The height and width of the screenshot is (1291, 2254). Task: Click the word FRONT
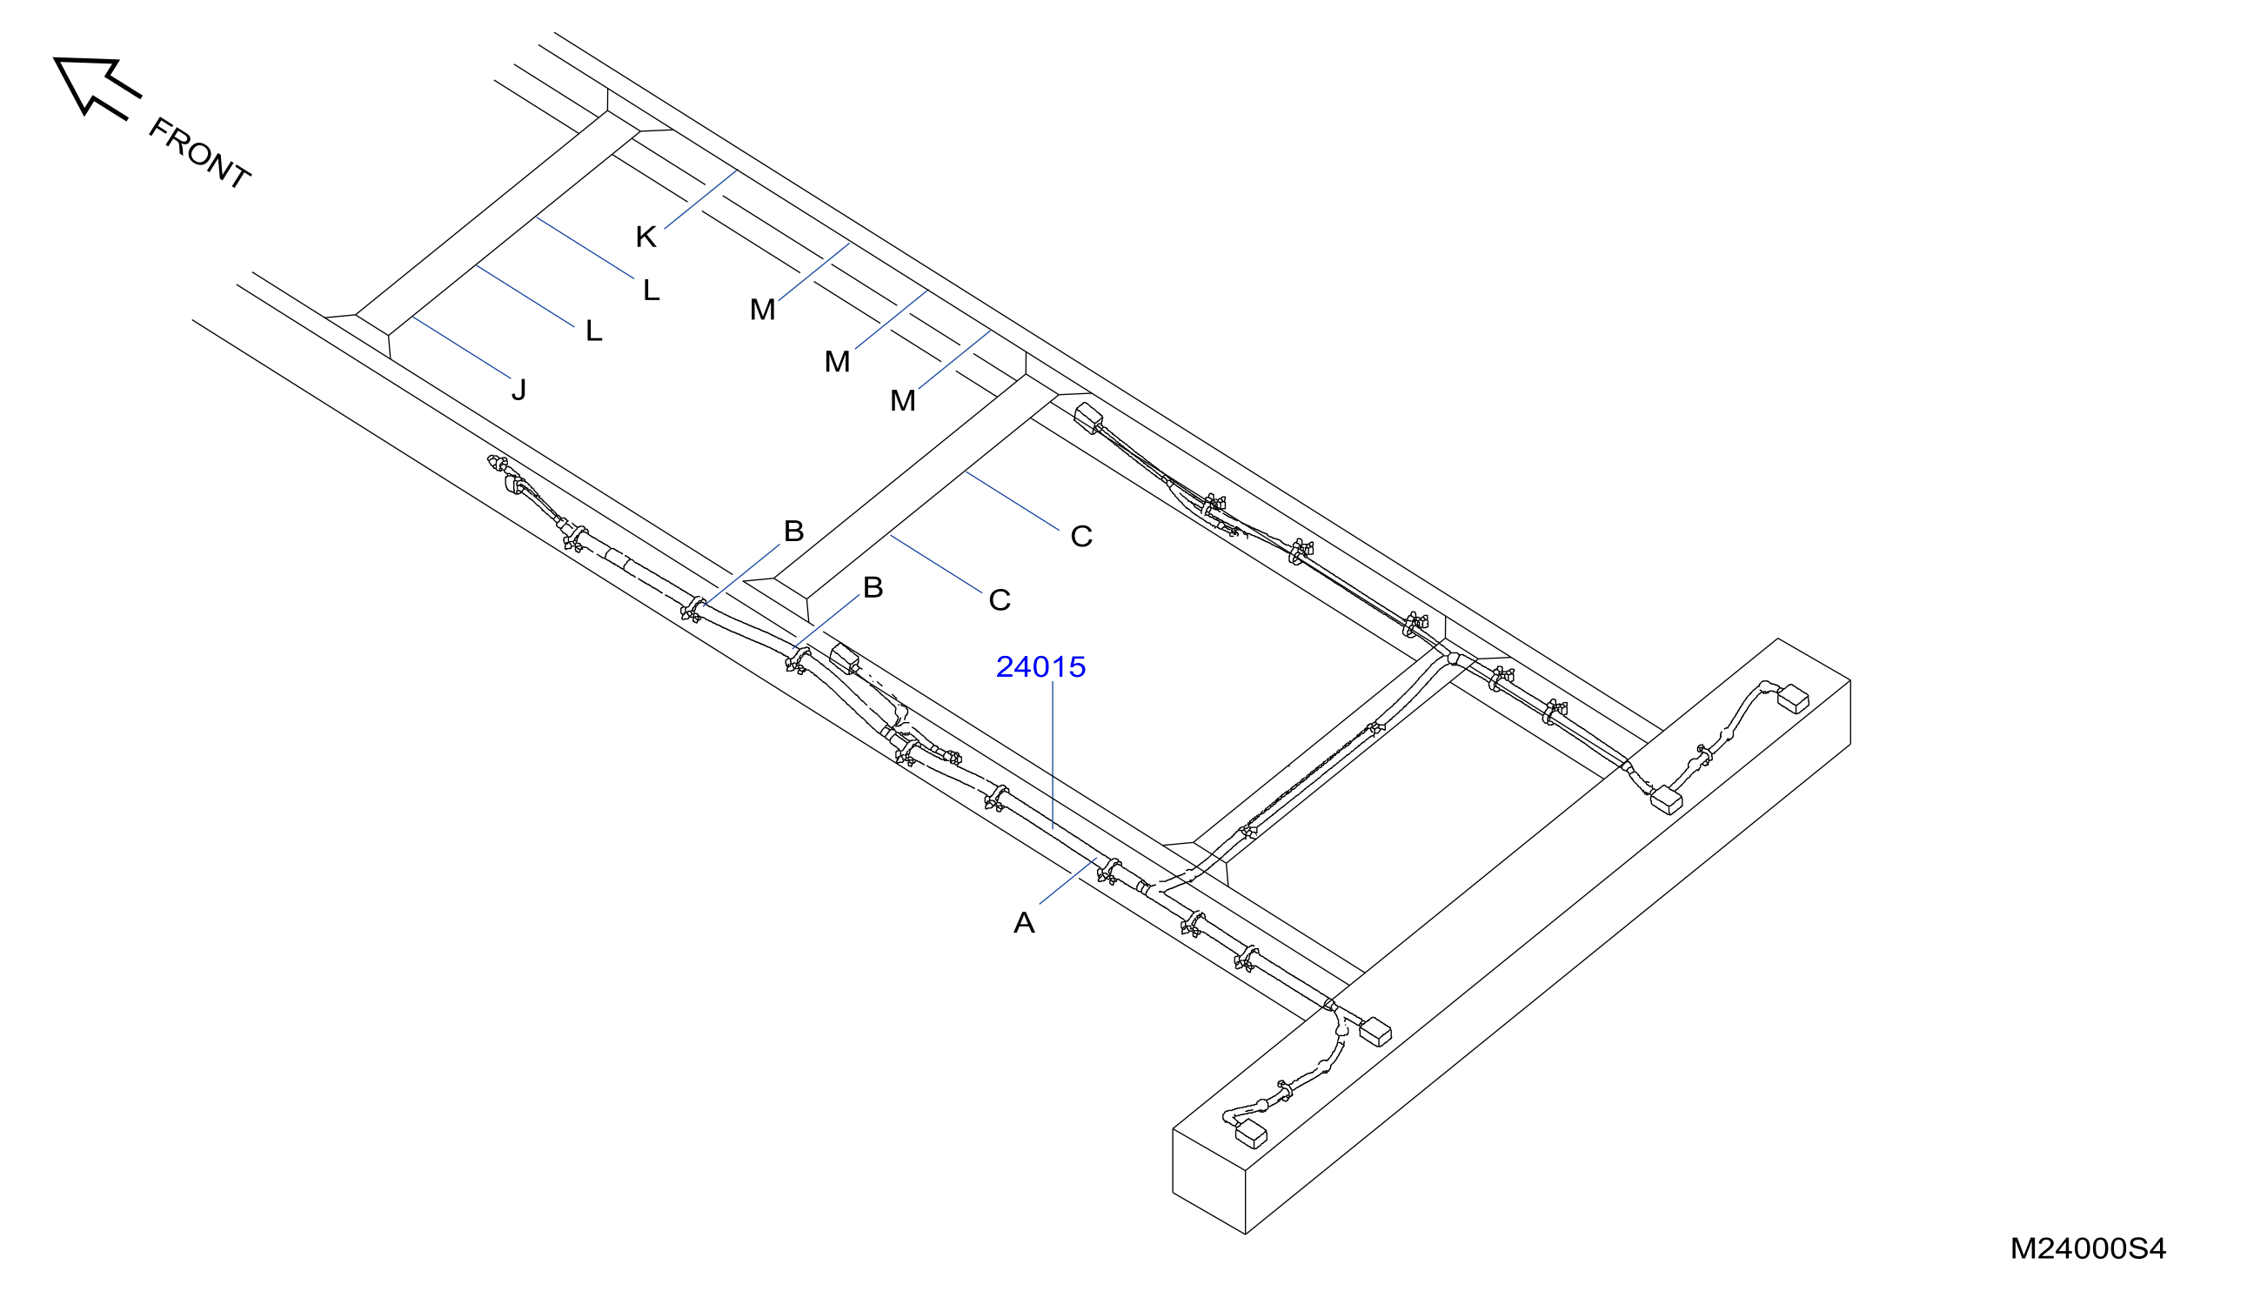pyautogui.click(x=199, y=152)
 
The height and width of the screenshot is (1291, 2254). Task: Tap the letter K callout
pyautogui.click(x=645, y=237)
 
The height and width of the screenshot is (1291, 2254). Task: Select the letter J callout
pyautogui.click(x=519, y=389)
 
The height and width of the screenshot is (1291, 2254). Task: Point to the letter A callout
pyautogui.click(x=1024, y=922)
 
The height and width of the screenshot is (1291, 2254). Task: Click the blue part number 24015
pyautogui.click(x=1040, y=666)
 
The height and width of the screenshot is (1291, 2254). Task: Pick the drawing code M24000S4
pyautogui.click(x=2088, y=1248)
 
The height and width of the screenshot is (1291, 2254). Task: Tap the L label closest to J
pyautogui.click(x=594, y=331)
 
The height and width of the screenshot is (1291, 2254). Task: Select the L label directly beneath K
pyautogui.click(x=652, y=290)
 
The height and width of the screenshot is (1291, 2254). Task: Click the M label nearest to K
pyautogui.click(x=763, y=310)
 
